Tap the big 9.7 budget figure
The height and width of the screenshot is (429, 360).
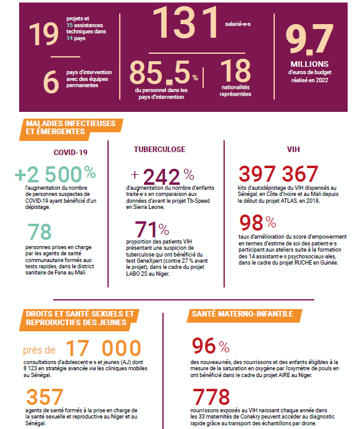click(x=309, y=39)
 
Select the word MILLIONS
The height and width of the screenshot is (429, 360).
click(x=309, y=64)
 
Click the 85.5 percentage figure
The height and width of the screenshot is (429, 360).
click(x=164, y=72)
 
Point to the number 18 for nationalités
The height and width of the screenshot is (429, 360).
click(x=235, y=70)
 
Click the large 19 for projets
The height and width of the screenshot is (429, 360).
click(x=44, y=34)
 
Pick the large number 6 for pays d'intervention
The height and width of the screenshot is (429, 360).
click(x=51, y=82)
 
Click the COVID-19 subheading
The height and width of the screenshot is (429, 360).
click(x=70, y=153)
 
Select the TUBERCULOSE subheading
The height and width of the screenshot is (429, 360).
click(x=160, y=150)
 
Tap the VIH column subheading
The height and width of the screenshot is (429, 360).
click(x=293, y=150)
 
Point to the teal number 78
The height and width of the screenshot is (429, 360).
click(x=40, y=232)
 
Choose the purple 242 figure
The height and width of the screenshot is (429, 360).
click(x=161, y=177)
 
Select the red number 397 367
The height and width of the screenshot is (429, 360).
click(x=278, y=174)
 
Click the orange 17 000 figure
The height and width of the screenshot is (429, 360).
click(x=103, y=348)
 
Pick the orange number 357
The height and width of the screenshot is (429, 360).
click(x=44, y=397)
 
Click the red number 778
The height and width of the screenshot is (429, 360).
click(x=211, y=397)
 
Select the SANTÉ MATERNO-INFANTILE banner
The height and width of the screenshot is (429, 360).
click(x=245, y=315)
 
